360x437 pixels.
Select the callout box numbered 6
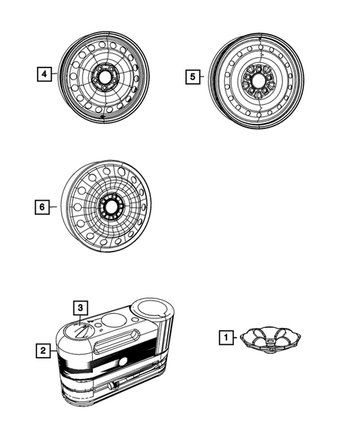pyautogui.click(x=44, y=206)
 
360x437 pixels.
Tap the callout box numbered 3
pyautogui.click(x=80, y=307)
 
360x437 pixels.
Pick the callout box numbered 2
pyautogui.click(x=44, y=349)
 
